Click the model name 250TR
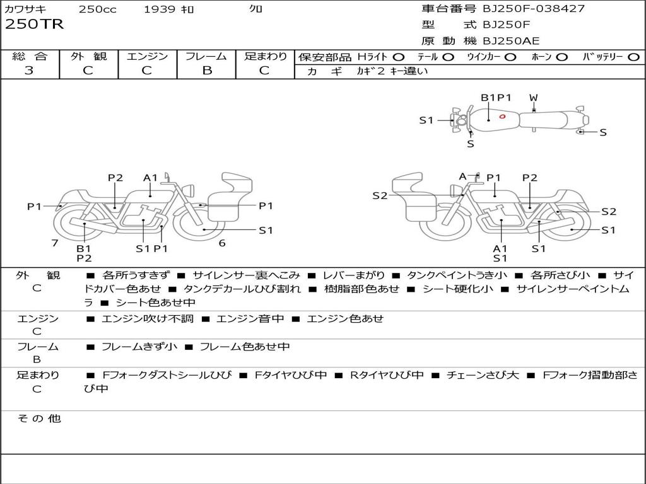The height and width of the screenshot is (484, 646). [x=34, y=25]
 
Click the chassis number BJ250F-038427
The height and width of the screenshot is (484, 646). [x=534, y=8]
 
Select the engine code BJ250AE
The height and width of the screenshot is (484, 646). [x=511, y=41]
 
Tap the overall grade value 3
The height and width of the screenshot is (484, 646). [x=29, y=70]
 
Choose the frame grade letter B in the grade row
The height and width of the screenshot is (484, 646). [x=207, y=70]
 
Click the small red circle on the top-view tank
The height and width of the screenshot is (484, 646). [x=502, y=117]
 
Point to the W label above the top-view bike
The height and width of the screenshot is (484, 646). [x=534, y=98]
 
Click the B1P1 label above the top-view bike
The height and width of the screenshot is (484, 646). [x=496, y=98]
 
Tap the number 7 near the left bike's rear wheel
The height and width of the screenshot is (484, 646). [x=55, y=243]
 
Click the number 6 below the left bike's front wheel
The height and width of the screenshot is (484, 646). [x=222, y=243]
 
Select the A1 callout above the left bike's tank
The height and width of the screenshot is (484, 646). [x=150, y=178]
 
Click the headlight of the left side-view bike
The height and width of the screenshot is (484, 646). [x=190, y=190]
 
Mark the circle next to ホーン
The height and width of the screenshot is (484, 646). [x=562, y=57]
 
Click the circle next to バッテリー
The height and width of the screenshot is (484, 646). [x=633, y=57]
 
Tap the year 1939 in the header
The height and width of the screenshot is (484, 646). [x=160, y=9]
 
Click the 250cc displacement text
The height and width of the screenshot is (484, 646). [x=98, y=9]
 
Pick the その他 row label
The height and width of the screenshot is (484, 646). [x=39, y=418]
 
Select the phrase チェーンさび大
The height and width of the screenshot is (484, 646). [x=483, y=375]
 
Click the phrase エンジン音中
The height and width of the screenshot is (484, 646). [x=250, y=318]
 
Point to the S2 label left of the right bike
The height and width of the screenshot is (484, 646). [x=380, y=195]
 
